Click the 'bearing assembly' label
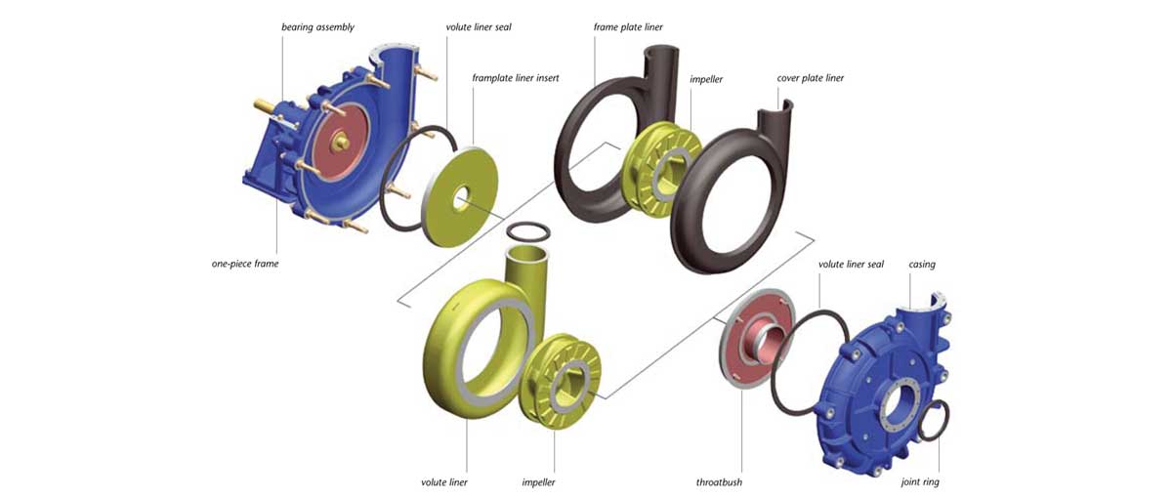[x=317, y=26]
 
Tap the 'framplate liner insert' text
[x=517, y=77]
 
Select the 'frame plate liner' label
[x=628, y=27]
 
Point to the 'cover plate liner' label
[x=810, y=78]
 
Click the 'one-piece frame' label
[x=245, y=264]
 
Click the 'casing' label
[x=922, y=265]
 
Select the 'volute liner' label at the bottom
[x=444, y=481]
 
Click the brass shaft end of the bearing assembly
[x=262, y=104]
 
